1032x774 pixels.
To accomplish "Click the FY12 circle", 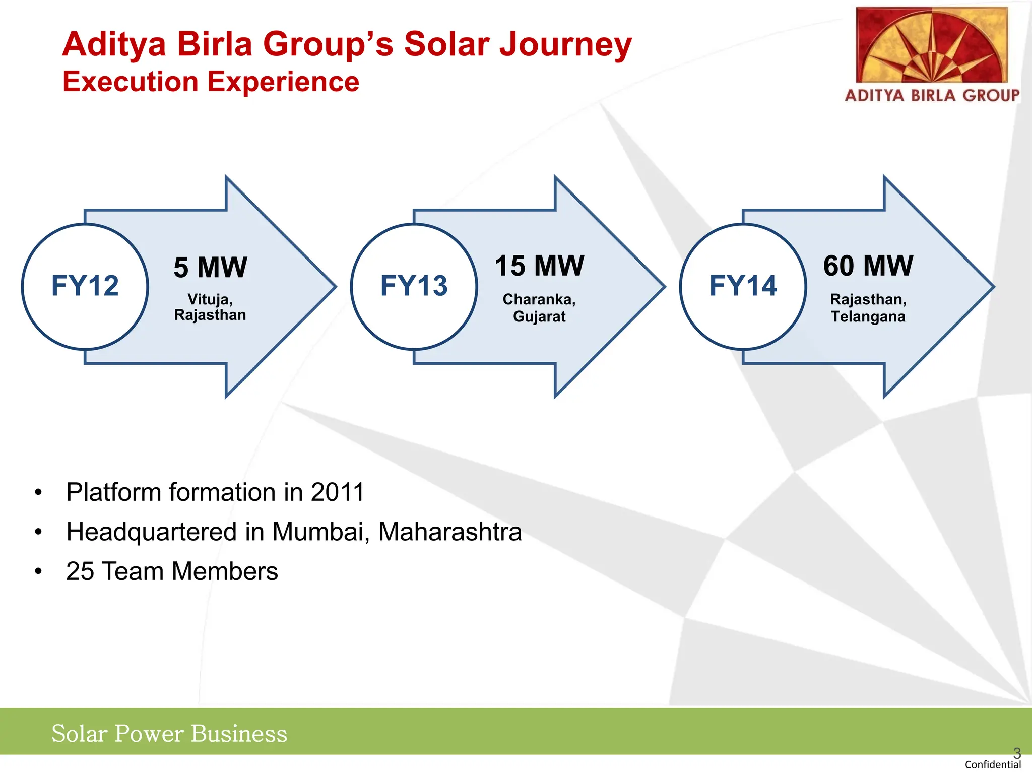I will point(85,286).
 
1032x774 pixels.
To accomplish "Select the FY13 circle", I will point(414,286).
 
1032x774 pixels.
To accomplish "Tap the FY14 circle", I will point(743,286).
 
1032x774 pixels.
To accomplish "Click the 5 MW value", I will point(211,267).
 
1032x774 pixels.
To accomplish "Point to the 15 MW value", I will point(539,266).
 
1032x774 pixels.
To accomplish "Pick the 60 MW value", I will point(868,266).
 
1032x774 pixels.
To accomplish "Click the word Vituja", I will point(209,299).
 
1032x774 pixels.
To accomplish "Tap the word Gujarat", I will point(539,316).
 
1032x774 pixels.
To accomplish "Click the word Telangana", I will point(868,316).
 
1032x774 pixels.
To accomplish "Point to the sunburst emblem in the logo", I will point(932,45).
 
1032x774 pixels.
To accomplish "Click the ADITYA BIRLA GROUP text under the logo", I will point(932,95).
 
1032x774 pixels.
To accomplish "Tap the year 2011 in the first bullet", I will point(337,492).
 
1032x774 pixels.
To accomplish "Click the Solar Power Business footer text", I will point(169,734).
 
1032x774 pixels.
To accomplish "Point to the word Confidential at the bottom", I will point(992,765).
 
